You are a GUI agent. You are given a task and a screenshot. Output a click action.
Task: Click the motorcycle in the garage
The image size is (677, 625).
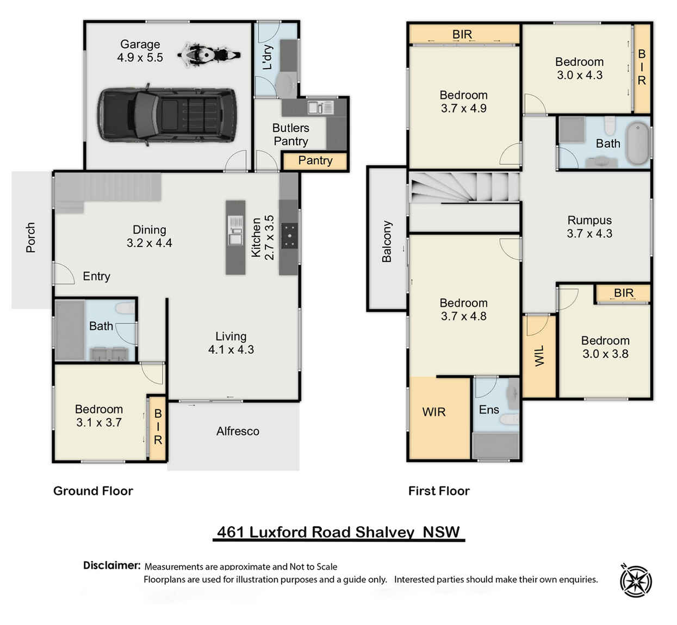point(208,55)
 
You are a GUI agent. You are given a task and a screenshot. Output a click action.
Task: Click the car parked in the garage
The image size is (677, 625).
point(167,115)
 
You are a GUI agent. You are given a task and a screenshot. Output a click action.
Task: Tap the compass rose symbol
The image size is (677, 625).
point(636,580)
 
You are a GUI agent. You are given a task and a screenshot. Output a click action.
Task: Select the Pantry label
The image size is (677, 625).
point(315,161)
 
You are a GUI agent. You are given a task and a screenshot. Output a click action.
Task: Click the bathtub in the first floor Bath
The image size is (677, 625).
point(637,143)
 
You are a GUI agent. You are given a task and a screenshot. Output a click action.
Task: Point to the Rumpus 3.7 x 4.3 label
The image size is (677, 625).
point(589,227)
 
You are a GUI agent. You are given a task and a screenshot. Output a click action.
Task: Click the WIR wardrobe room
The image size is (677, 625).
point(434,412)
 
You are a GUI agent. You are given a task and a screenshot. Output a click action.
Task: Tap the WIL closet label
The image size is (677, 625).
point(539,356)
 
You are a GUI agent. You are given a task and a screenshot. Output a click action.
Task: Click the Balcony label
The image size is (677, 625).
point(387,241)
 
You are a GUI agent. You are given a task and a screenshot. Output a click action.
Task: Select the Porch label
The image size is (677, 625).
point(30,237)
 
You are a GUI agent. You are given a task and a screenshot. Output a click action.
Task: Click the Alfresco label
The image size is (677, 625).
point(238,432)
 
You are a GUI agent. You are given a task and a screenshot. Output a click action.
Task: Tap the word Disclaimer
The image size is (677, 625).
point(111,565)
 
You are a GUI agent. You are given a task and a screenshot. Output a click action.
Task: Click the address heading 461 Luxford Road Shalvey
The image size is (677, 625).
point(338,532)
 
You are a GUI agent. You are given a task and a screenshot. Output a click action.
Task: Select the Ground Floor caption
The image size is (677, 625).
point(93,491)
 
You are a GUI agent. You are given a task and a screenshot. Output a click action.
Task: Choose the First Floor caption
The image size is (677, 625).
point(439,491)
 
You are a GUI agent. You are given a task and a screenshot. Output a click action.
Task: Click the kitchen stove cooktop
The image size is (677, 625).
point(289,236)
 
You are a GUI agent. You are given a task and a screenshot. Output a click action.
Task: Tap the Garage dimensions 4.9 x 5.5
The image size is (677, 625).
point(140,58)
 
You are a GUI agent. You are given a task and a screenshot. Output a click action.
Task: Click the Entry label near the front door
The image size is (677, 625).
point(96,277)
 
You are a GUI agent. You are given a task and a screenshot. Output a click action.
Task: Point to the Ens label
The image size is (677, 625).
point(489,410)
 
